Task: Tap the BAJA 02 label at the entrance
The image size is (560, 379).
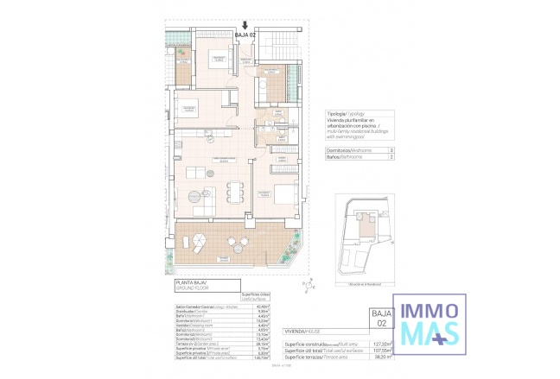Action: click(x=247, y=35)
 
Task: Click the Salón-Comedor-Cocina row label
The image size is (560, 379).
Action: click(x=195, y=305)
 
